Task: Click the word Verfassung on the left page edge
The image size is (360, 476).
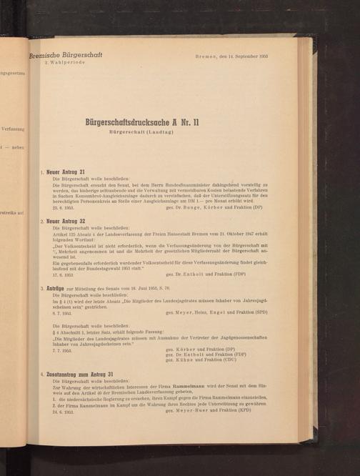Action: (x=14, y=129)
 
